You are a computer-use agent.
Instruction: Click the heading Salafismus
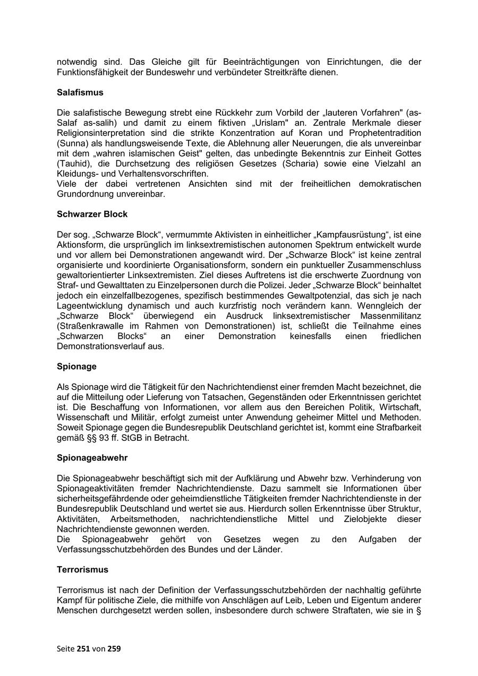tap(80, 92)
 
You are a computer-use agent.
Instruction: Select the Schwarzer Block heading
tap(92, 214)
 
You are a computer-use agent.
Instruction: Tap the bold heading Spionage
tap(76, 366)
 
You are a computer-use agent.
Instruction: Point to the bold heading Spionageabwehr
tap(92, 457)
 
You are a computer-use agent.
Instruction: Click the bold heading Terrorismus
tap(82, 569)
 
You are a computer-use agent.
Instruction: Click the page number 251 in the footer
tap(83, 648)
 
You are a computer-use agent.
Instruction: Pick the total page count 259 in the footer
tap(114, 648)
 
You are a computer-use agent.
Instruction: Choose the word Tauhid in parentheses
tap(71, 164)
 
